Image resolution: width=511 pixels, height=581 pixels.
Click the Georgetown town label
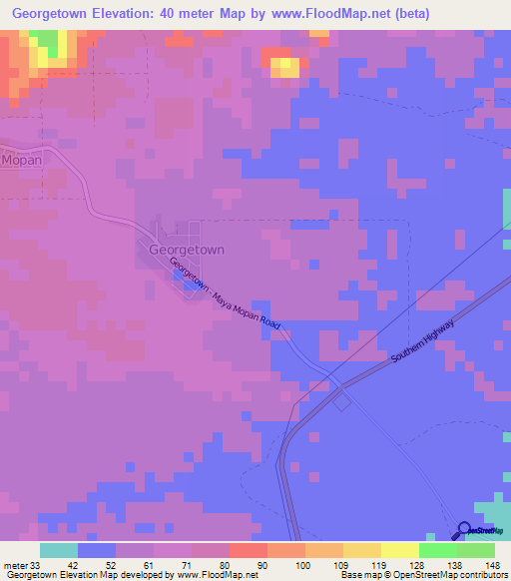click(x=187, y=251)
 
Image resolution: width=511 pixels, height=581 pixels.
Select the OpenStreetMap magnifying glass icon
click(x=465, y=531)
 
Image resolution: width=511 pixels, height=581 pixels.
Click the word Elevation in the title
click(x=132, y=13)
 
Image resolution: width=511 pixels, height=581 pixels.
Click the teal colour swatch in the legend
click(x=59, y=550)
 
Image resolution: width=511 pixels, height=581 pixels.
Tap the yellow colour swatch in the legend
click(x=399, y=550)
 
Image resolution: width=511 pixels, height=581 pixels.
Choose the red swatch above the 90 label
click(x=248, y=550)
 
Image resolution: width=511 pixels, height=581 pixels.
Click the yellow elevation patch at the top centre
click(x=286, y=67)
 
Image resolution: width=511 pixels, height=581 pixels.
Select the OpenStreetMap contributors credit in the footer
click(x=423, y=574)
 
